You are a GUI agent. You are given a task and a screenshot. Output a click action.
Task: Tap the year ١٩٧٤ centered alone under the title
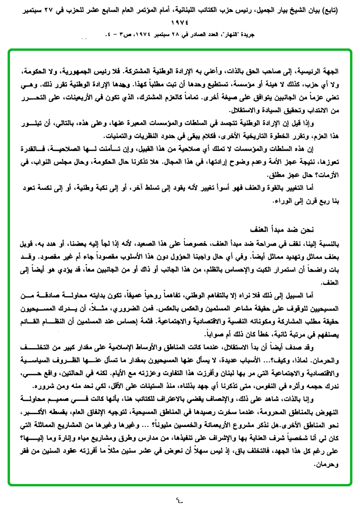coord(180,22)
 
